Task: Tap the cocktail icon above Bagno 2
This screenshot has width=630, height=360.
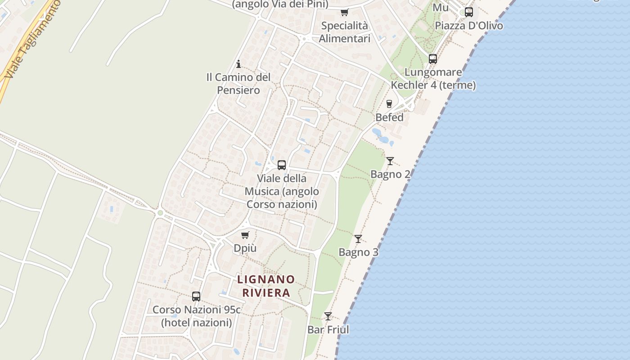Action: [x=390, y=161]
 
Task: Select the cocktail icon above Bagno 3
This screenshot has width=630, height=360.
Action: [x=358, y=238]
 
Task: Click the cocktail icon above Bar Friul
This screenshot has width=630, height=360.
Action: [x=328, y=316]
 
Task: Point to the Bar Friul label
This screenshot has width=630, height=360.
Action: [x=328, y=330]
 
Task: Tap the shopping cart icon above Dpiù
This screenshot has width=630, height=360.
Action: [x=245, y=234]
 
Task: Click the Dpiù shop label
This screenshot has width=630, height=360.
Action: [x=245, y=248]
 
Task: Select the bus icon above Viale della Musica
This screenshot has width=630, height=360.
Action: [x=282, y=165]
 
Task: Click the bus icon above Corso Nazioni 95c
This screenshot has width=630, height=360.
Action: [x=196, y=296]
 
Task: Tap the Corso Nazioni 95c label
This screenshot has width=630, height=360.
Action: [x=197, y=316]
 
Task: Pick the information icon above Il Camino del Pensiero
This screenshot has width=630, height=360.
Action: [x=238, y=64]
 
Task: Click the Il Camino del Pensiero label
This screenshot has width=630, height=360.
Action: [x=238, y=84]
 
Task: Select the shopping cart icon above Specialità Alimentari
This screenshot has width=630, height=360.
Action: [x=345, y=12]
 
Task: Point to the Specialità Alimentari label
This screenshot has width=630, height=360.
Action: [x=345, y=32]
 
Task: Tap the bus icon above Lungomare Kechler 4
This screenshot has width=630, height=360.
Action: [x=433, y=58]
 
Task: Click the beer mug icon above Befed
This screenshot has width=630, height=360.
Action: [x=389, y=103]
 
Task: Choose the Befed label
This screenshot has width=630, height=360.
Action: [x=389, y=117]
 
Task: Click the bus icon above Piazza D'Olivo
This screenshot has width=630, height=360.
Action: [x=469, y=12]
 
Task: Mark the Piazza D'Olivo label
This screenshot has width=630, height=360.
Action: [x=469, y=26]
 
